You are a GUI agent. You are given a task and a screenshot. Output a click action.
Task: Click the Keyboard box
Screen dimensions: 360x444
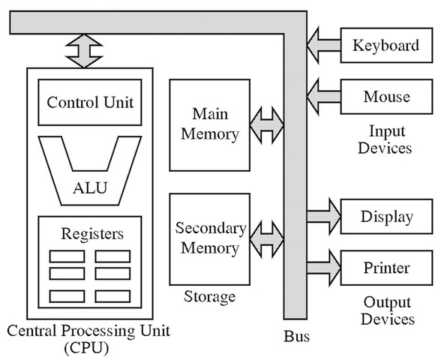pyautogui.click(x=385, y=46)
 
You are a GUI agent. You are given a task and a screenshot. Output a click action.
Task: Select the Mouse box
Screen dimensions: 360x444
pyautogui.click(x=385, y=96)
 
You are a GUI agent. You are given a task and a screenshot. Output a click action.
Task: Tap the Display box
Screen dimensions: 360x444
pyautogui.click(x=385, y=217)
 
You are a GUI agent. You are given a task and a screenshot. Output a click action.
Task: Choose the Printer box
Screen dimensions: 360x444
pyautogui.click(x=385, y=267)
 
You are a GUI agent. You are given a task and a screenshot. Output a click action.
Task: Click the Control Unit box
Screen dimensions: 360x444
pyautogui.click(x=90, y=102)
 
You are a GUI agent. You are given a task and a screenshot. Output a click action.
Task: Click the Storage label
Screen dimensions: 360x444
pyautogui.click(x=209, y=296)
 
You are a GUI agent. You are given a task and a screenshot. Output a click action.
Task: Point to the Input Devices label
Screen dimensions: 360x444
pyautogui.click(x=385, y=139)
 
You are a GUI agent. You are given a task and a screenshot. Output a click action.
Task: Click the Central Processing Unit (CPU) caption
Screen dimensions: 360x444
pyautogui.click(x=88, y=337)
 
